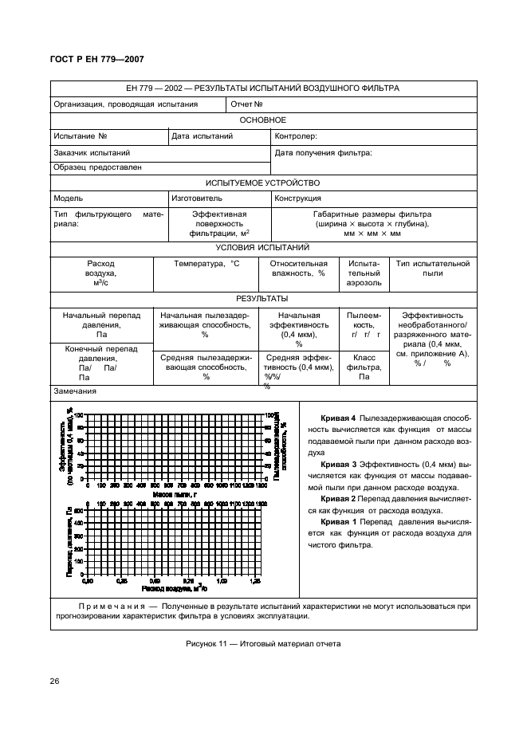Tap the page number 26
(x=56, y=680)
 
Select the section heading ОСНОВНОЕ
(x=262, y=120)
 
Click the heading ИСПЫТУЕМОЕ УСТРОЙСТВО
(x=262, y=183)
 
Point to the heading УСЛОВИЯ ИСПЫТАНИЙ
(x=262, y=248)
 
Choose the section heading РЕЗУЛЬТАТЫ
(x=262, y=298)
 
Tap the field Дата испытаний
(x=202, y=136)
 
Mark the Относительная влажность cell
(x=299, y=269)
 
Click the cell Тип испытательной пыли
(x=432, y=269)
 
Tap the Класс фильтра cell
(x=364, y=367)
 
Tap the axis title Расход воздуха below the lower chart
(x=175, y=589)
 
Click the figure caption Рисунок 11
(x=262, y=644)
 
